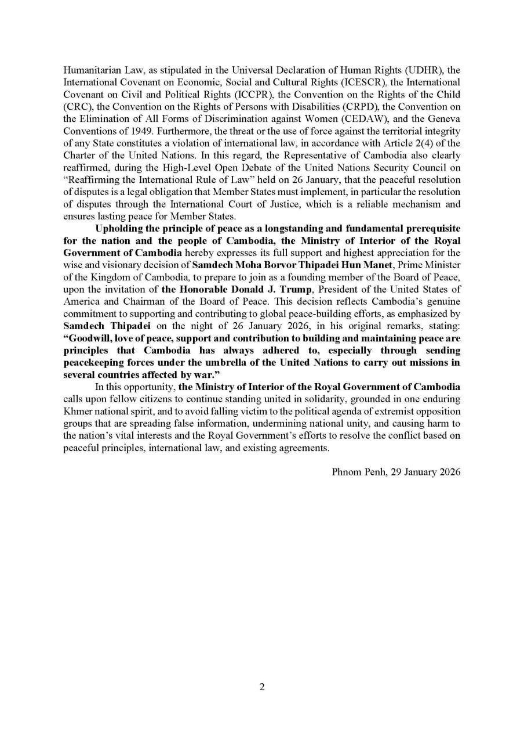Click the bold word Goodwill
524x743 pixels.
[92, 338]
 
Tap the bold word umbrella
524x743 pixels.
[224, 363]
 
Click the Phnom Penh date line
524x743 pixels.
[396, 472]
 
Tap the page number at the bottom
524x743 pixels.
[262, 687]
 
